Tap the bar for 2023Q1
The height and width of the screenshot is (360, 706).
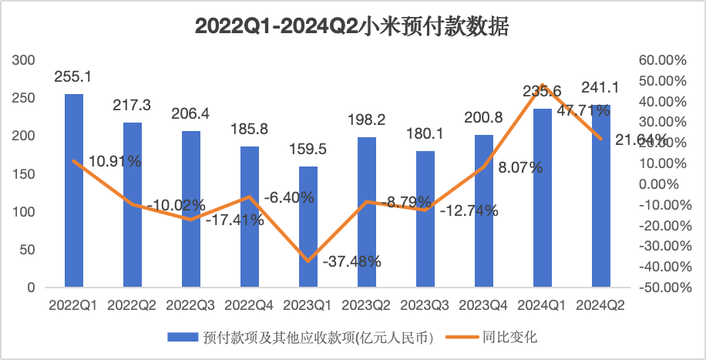[x=308, y=227]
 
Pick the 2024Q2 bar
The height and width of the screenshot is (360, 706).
[x=601, y=196]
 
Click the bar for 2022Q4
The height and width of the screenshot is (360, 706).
[x=250, y=217]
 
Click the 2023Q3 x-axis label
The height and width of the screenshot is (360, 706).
[x=425, y=305]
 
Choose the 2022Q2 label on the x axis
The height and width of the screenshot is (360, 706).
[x=132, y=305]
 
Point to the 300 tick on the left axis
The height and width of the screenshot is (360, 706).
[x=26, y=60]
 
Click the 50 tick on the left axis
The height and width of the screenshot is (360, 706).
[x=29, y=250]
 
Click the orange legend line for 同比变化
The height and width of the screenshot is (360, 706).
[x=459, y=337]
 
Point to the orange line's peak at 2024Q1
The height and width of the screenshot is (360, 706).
[x=543, y=85]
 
